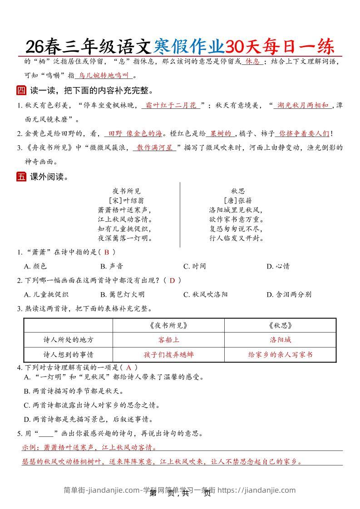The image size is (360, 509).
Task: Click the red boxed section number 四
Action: [x=21, y=90]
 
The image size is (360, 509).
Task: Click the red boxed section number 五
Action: [x=21, y=177]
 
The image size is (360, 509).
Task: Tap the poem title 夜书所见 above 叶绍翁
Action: [x=127, y=191]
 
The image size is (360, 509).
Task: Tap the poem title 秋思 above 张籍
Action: [x=237, y=191]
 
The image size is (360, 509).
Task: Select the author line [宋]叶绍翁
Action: [x=127, y=200]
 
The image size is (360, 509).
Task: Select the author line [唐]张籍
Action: [x=237, y=200]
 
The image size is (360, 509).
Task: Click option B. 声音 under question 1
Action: [x=111, y=266]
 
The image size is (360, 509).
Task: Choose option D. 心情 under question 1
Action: [x=278, y=266]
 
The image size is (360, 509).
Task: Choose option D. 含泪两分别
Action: [x=289, y=294]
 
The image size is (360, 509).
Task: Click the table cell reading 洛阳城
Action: [x=280, y=339]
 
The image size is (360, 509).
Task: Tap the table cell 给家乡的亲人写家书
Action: [x=280, y=354]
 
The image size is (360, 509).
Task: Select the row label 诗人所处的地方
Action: [x=68, y=339]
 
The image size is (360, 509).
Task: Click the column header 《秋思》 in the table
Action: [x=280, y=325]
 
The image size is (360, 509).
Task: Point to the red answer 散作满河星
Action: [x=155, y=147]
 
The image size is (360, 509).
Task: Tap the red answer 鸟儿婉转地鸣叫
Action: [x=104, y=76]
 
